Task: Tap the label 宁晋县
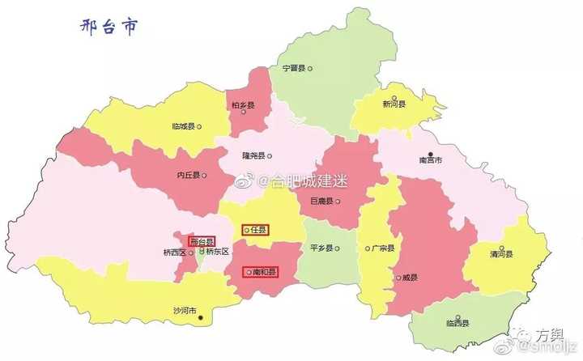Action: coord(292,69)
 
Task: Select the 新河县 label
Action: coord(394,104)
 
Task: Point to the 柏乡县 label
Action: coord(243,105)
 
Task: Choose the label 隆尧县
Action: coord(253,156)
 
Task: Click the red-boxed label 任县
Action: coord(257,230)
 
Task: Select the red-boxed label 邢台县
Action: coord(201,241)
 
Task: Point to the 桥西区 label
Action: coord(174,252)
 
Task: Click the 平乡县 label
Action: coord(321,248)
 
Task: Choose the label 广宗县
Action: coord(382,248)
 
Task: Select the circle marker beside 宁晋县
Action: coord(309,69)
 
